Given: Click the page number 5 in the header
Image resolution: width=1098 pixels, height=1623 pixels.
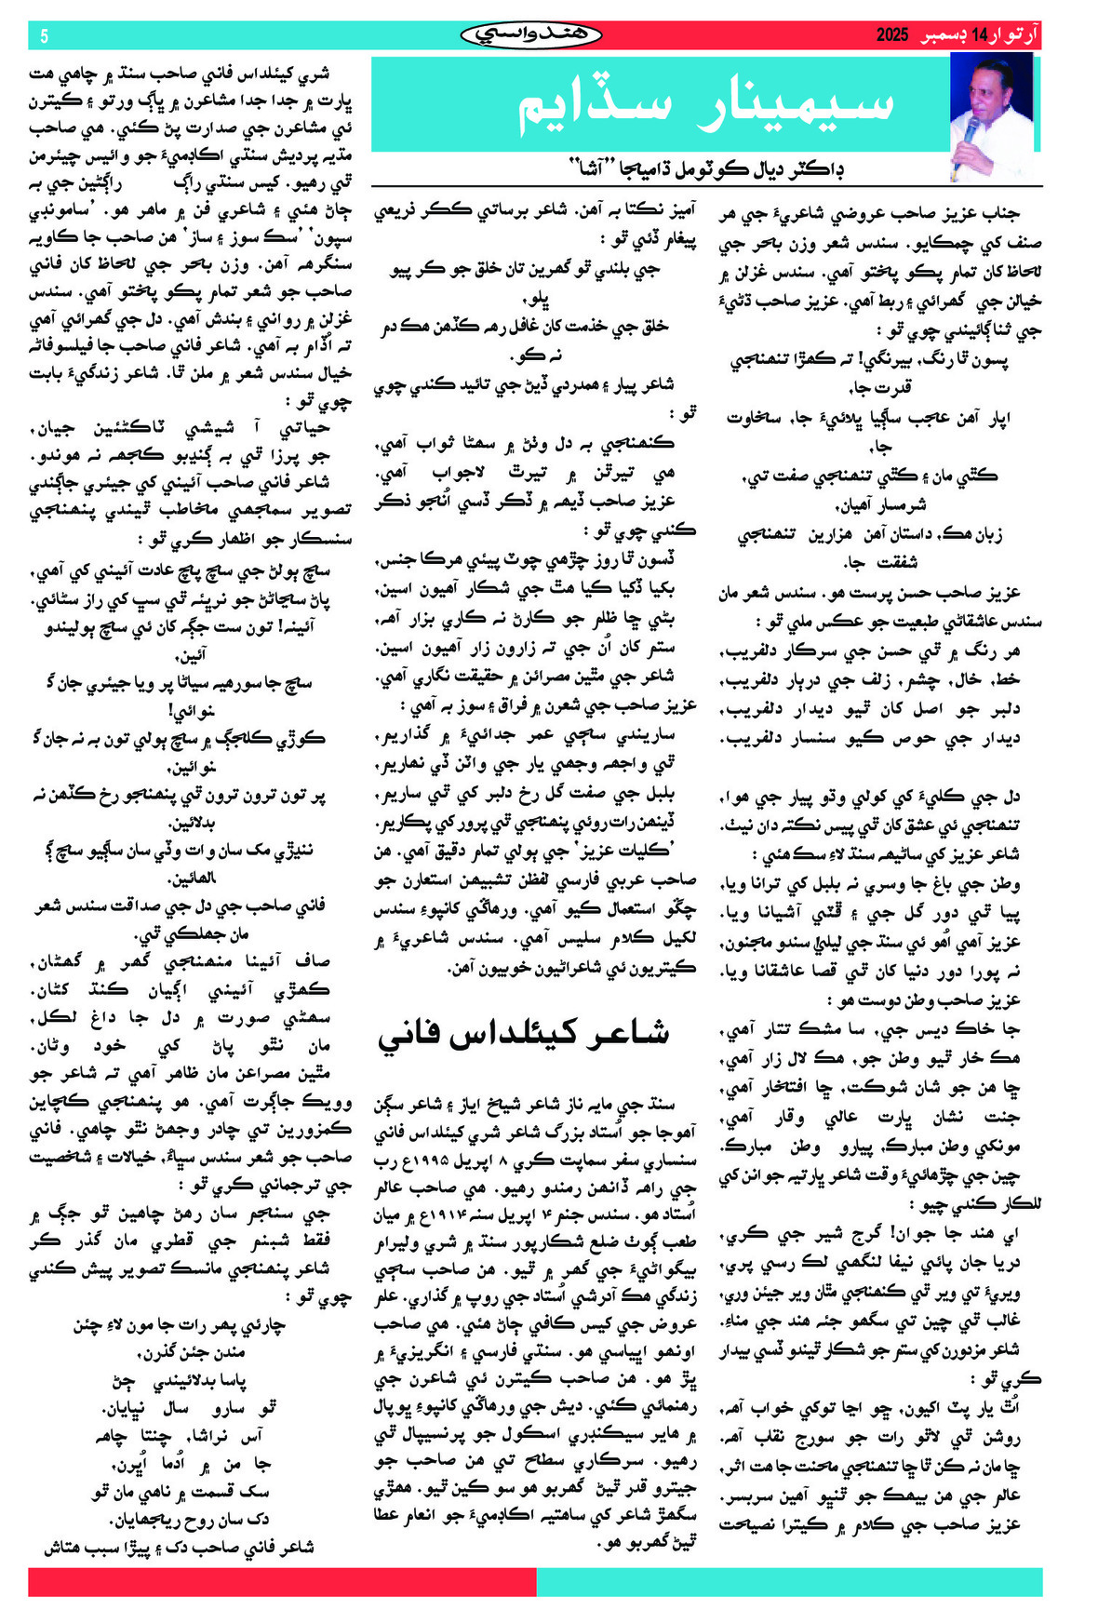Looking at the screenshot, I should pyautogui.click(x=44, y=36).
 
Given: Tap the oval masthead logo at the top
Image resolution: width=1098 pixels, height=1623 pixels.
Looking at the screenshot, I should pyautogui.click(x=530, y=35).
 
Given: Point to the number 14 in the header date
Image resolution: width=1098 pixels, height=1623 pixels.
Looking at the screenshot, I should pyautogui.click(x=978, y=36).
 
